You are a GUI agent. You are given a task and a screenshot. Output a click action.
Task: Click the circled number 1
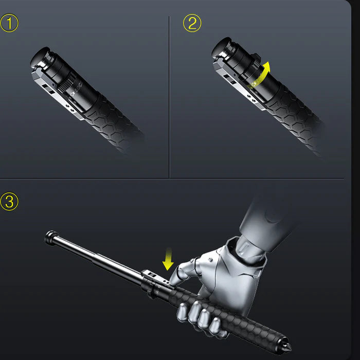(9, 23)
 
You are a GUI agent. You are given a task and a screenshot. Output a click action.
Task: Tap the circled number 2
(192, 23)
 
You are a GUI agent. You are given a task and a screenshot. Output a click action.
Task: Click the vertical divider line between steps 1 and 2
(169, 98)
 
